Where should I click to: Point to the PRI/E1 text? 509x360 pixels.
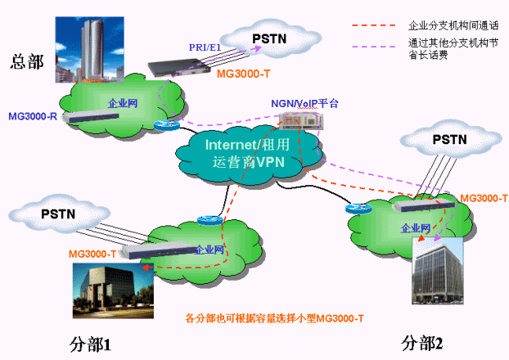click(x=205, y=48)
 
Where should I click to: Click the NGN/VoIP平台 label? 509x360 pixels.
click(x=304, y=104)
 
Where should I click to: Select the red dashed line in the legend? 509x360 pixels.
click(x=376, y=26)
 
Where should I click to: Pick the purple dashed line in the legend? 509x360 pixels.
click(x=376, y=44)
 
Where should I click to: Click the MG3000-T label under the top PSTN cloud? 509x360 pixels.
click(x=243, y=74)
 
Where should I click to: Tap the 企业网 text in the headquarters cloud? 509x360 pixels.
click(x=121, y=104)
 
